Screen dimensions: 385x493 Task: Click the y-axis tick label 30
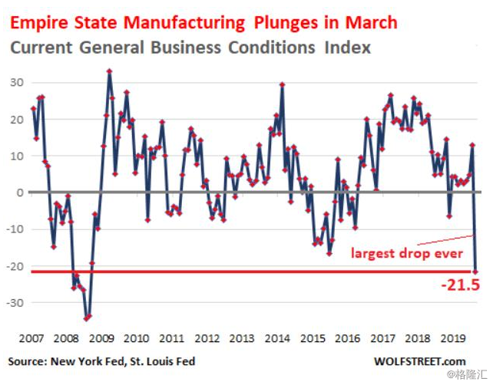point(15,82)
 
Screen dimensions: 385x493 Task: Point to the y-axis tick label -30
point(12,303)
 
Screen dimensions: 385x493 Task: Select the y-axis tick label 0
point(18,192)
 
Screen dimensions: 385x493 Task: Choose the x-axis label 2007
point(31,338)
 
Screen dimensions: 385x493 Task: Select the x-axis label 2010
point(136,338)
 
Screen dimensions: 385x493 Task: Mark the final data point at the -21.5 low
point(475,271)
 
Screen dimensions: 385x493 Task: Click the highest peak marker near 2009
point(110,71)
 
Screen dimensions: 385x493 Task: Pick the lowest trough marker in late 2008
point(86,318)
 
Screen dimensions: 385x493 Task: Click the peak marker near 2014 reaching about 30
point(283,84)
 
